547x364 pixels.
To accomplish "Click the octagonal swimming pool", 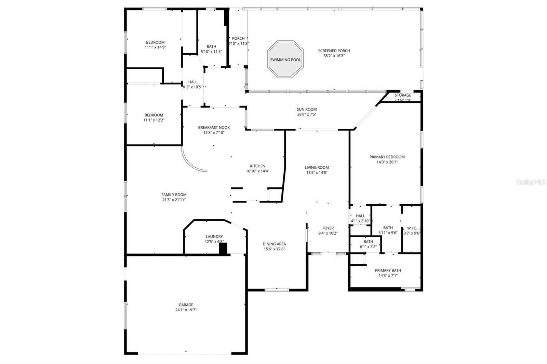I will (285, 60).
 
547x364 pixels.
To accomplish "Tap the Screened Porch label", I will (334, 51).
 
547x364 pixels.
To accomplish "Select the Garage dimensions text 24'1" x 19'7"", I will (186, 310).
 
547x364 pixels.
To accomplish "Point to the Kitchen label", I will (257, 166).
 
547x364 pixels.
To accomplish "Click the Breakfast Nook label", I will (214, 127).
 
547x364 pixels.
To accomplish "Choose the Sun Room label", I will (306, 109).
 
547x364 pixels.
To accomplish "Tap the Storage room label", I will (403, 95).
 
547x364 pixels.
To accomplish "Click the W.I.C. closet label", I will (412, 228).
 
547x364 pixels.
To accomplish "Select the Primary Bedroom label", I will (387, 157).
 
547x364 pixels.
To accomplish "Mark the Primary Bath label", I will (388, 270).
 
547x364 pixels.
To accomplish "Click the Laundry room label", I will (214, 236).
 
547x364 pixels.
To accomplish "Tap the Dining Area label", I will (274, 244).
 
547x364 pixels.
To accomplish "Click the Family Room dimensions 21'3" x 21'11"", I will (174, 200).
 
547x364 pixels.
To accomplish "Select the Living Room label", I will (317, 167).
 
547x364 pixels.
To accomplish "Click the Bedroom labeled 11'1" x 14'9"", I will (155, 42).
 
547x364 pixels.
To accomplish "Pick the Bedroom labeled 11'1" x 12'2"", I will (154, 115).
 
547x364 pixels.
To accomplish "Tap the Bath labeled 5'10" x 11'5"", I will (211, 47).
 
